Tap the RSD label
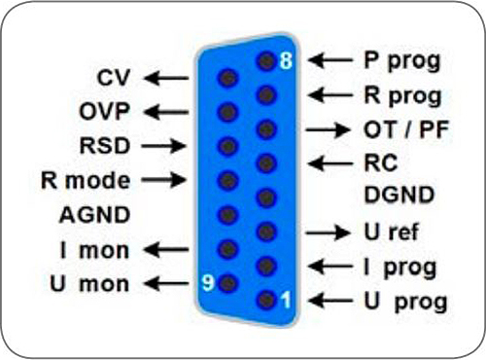107,145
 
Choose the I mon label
92,250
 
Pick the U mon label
90,284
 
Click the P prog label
401,60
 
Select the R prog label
401,95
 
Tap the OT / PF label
406,129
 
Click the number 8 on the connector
286,60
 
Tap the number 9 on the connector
206,284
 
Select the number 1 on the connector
286,302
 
